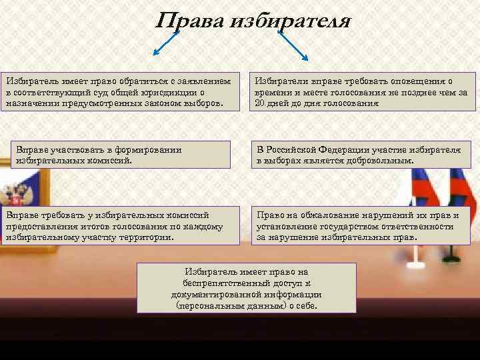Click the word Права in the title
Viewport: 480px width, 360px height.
tap(189, 21)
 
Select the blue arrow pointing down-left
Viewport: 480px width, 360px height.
tap(167, 43)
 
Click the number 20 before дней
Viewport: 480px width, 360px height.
tap(261, 104)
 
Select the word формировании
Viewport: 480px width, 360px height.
tap(149, 150)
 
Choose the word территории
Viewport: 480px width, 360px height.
tap(145, 237)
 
